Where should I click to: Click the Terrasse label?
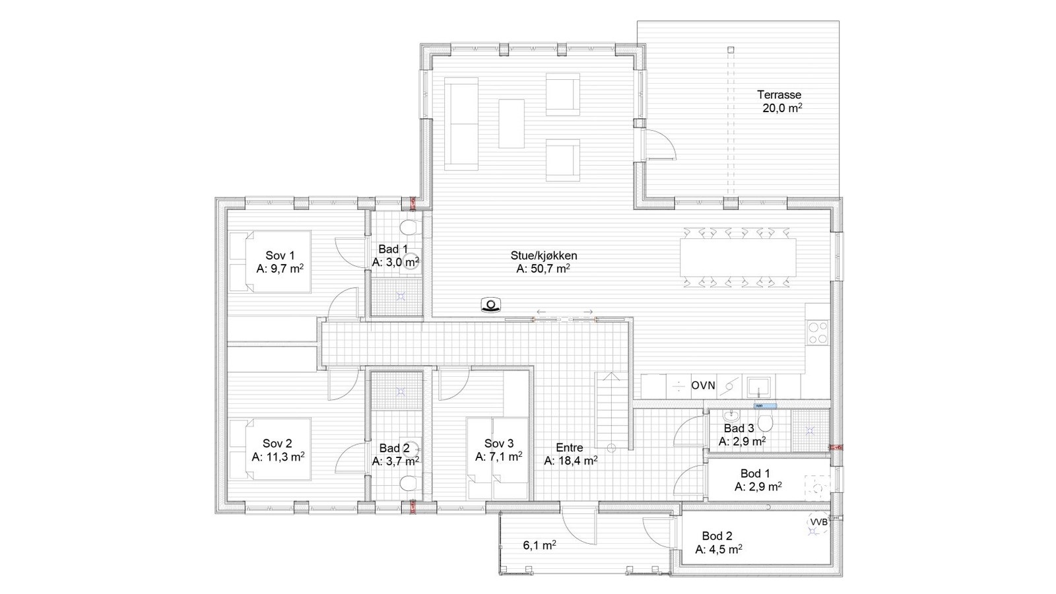click(779, 95)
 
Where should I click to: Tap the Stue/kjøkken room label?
click(544, 255)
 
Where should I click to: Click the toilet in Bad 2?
click(410, 484)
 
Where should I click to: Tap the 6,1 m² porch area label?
click(539, 545)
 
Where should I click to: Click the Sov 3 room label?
click(498, 444)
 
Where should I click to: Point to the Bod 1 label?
click(755, 473)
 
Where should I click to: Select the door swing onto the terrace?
click(661, 144)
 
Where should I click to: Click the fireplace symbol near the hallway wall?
click(492, 305)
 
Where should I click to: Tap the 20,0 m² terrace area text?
click(782, 109)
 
